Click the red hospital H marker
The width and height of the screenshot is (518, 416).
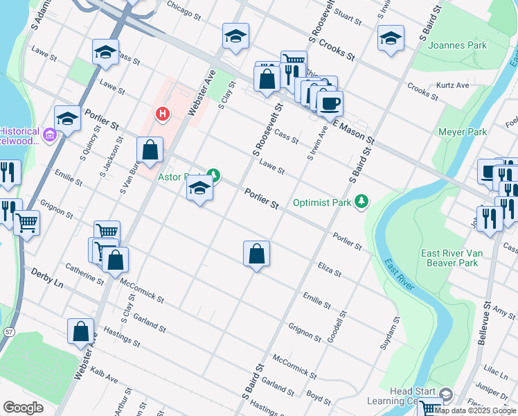tap(162, 113)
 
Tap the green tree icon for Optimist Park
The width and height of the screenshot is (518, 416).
tap(361, 201)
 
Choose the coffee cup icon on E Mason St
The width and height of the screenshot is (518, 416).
tap(330, 103)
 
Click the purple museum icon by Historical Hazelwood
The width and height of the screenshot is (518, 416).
tap(49, 135)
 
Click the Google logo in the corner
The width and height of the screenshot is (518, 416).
tap(23, 407)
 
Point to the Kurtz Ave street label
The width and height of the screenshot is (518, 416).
tap(452, 85)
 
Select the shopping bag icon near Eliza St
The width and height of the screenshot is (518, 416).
tap(256, 254)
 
